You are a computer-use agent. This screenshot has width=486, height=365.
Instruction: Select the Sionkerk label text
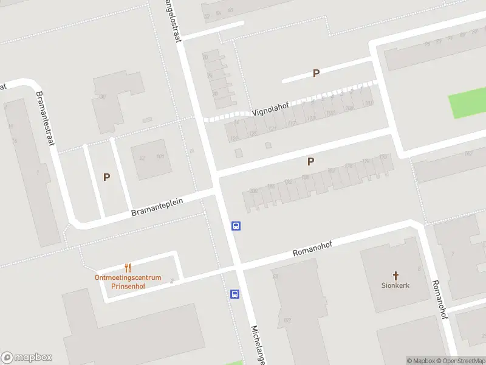coord(395,285)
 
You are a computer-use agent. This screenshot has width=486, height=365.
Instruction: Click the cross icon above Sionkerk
coord(395,275)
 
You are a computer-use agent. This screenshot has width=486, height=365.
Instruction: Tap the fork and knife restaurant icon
coord(128,268)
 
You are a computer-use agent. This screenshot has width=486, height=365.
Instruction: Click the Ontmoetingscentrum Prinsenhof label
coord(128,282)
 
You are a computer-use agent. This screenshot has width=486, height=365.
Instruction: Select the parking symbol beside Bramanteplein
coord(106,178)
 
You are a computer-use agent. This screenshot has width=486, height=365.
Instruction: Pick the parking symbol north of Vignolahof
coord(316,73)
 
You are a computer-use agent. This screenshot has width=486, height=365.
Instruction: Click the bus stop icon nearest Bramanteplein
coord(236,226)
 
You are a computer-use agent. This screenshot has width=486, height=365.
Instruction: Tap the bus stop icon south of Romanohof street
coord(234,294)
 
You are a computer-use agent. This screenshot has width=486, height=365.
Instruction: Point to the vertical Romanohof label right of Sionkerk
coord(440,299)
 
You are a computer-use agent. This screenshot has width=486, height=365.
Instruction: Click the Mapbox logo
coord(27,358)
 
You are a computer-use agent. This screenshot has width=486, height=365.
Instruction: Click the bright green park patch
coord(468,103)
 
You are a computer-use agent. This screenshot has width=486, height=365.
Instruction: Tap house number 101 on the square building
coord(161,158)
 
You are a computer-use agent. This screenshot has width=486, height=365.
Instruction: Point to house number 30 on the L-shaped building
coord(103,97)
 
